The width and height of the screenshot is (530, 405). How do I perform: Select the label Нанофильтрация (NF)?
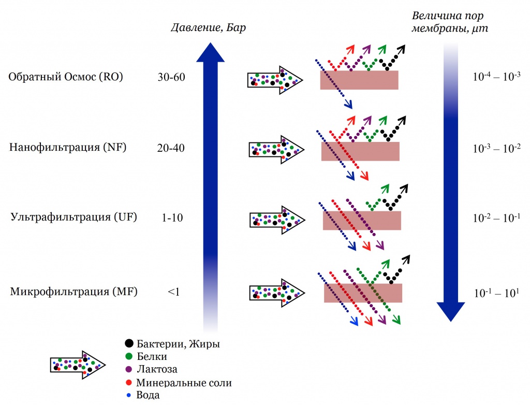point(68,148)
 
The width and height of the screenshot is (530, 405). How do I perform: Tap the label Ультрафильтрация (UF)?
point(73,218)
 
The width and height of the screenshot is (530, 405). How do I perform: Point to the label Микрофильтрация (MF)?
point(73,292)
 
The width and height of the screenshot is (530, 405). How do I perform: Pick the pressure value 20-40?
point(171,148)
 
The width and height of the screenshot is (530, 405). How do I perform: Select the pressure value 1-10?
point(172,218)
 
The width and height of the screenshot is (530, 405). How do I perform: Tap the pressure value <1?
point(173,292)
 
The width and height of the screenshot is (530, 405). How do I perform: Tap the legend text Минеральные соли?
point(184,383)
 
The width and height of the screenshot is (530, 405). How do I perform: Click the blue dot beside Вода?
point(129,395)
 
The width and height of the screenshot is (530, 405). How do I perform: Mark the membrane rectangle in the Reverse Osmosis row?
point(359,80)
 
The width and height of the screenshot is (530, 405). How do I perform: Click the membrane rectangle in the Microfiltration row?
point(363,293)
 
